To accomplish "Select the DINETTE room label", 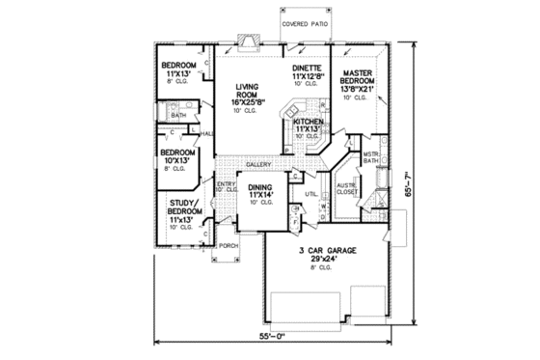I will coord(309,69).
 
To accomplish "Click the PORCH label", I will coord(229,246).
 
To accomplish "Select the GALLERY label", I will coord(257,165).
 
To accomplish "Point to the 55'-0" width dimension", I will coord(275,336).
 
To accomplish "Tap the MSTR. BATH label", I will coord(369,156).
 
